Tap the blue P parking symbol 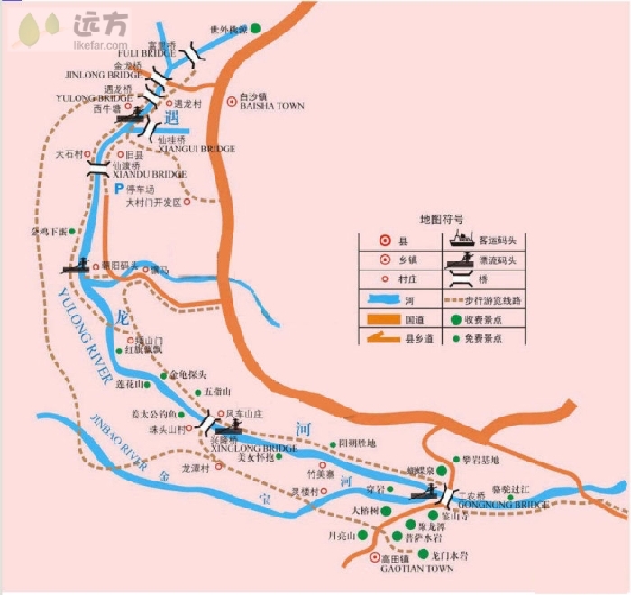pyautogui.click(x=117, y=189)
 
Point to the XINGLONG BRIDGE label pyautogui.click(x=253, y=448)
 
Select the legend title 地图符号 pyautogui.click(x=443, y=219)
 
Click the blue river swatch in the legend pyautogui.click(x=390, y=299)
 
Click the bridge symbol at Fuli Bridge pyautogui.click(x=193, y=55)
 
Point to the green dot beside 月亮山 pyautogui.click(x=362, y=534)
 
